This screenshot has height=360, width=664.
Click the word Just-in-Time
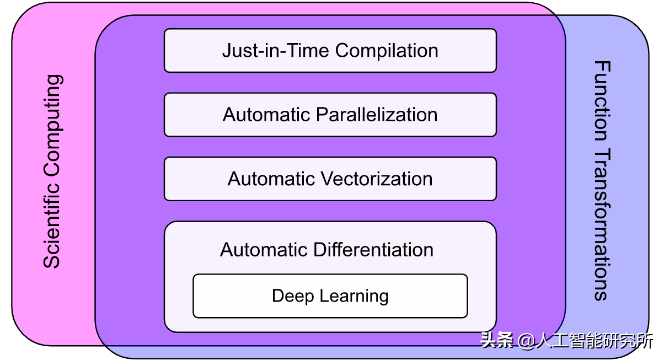pyautogui.click(x=275, y=50)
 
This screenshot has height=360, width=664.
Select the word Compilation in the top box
pyautogui.click(x=387, y=51)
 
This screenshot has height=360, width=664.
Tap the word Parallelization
pyautogui.click(x=377, y=115)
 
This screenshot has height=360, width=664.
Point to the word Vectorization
pyautogui.click(x=377, y=179)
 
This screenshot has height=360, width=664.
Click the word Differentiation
pyautogui.click(x=373, y=250)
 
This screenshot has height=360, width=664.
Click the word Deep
pyautogui.click(x=293, y=296)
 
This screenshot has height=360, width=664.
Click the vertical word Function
pyautogui.click(x=602, y=101)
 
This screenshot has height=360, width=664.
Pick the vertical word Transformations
pyautogui.click(x=602, y=224)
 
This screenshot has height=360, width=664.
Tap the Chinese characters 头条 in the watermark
pyautogui.click(x=497, y=340)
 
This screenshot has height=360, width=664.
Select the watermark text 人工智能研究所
pyautogui.click(x=595, y=341)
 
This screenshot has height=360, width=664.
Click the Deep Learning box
pyautogui.click(x=330, y=296)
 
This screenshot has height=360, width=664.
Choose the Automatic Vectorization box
pyautogui.click(x=330, y=179)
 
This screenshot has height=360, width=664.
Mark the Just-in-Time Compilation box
pyautogui.click(x=330, y=50)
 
